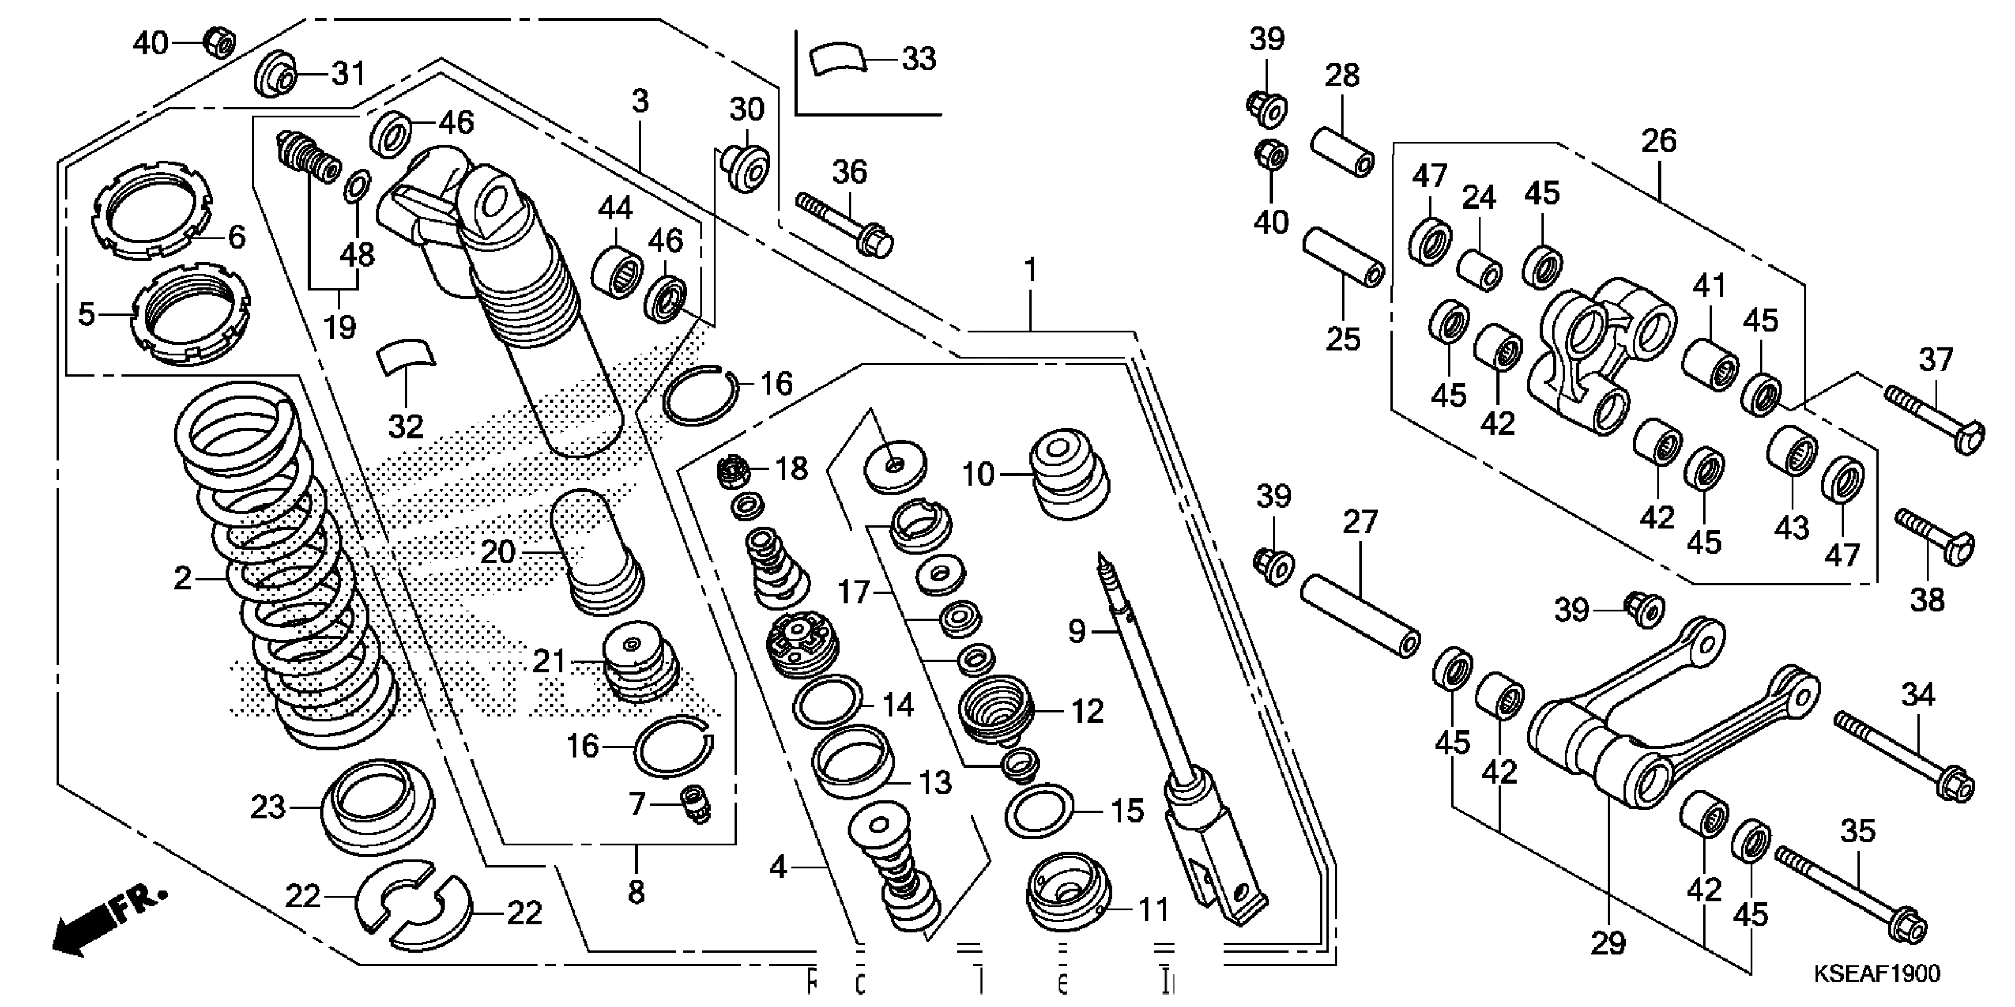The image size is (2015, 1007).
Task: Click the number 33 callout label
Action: click(919, 59)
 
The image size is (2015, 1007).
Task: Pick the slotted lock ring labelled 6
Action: click(152, 208)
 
